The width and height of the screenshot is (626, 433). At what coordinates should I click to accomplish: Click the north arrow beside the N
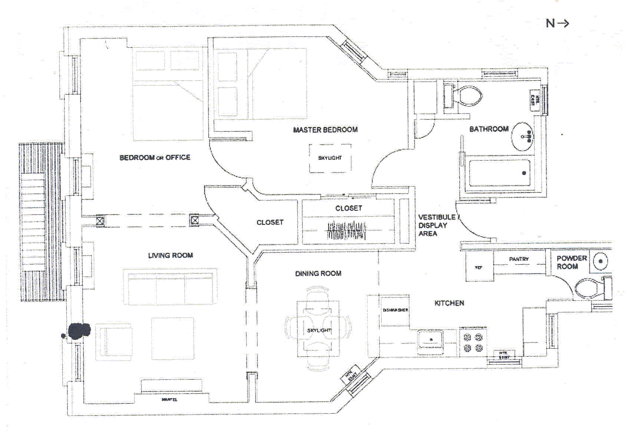point(563,23)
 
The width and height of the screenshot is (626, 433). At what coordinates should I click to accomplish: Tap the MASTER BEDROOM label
point(325,130)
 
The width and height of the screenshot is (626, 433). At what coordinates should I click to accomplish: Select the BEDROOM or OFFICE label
point(155,158)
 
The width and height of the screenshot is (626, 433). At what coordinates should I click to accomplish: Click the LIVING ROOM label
point(170,255)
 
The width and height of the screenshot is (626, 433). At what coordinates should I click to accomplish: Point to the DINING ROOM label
point(318,273)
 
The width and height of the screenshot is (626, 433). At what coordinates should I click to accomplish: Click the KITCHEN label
point(449,303)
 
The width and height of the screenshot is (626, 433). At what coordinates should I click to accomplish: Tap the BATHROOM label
point(488,129)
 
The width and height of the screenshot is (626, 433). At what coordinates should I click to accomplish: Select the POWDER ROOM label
point(571,262)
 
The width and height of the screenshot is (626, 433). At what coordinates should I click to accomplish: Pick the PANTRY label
point(519,259)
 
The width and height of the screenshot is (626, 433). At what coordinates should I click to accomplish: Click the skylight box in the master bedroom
point(330,158)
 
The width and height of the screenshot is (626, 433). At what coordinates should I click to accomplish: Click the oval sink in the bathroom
point(522,137)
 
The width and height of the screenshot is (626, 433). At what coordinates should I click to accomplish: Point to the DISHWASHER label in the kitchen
point(395,310)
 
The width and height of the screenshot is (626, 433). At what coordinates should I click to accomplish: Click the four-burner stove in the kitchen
point(473,342)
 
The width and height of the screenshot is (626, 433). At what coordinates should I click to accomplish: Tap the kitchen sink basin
point(430,339)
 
